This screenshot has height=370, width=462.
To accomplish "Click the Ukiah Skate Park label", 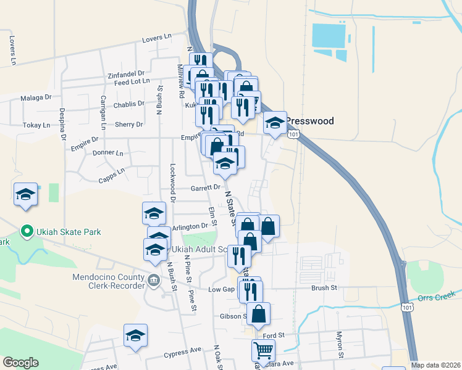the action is pyautogui.click(x=68, y=232).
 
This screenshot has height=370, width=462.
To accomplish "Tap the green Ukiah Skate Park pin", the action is pyautogui.click(x=27, y=232).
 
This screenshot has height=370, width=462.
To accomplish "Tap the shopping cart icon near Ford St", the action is pyautogui.click(x=263, y=351).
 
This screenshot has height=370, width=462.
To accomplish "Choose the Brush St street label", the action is pyautogui.click(x=324, y=287).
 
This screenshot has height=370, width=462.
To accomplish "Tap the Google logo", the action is pyautogui.click(x=20, y=363).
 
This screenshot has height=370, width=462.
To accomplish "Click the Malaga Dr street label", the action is pyautogui.click(x=36, y=97).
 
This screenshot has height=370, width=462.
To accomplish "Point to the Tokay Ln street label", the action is pyautogui.click(x=36, y=125).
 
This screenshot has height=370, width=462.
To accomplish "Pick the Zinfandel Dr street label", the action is pyautogui.click(x=125, y=72).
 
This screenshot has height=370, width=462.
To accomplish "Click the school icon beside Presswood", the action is pyautogui.click(x=275, y=123).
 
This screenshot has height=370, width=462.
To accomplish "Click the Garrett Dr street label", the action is pyautogui.click(x=206, y=187).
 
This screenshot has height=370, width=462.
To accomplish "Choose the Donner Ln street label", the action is pyautogui.click(x=107, y=152).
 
